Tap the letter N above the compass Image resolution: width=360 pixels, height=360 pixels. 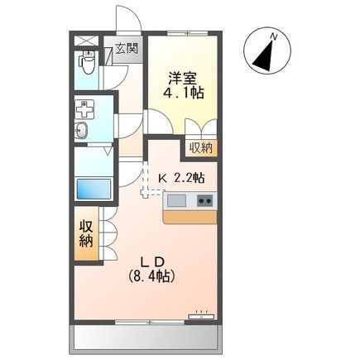[274, 33]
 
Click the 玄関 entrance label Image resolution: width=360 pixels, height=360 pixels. [127, 48]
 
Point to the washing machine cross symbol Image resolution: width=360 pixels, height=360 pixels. [83, 108]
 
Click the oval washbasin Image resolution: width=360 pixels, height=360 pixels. [83, 130]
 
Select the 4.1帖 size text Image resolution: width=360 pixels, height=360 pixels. [185, 94]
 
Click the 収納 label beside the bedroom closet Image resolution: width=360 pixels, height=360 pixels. [199, 148]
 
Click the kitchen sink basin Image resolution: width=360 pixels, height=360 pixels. [178, 200]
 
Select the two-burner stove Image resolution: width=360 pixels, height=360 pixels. [204, 200]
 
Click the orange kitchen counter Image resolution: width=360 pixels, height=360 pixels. [190, 216]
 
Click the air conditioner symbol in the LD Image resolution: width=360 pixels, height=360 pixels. [201, 315]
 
